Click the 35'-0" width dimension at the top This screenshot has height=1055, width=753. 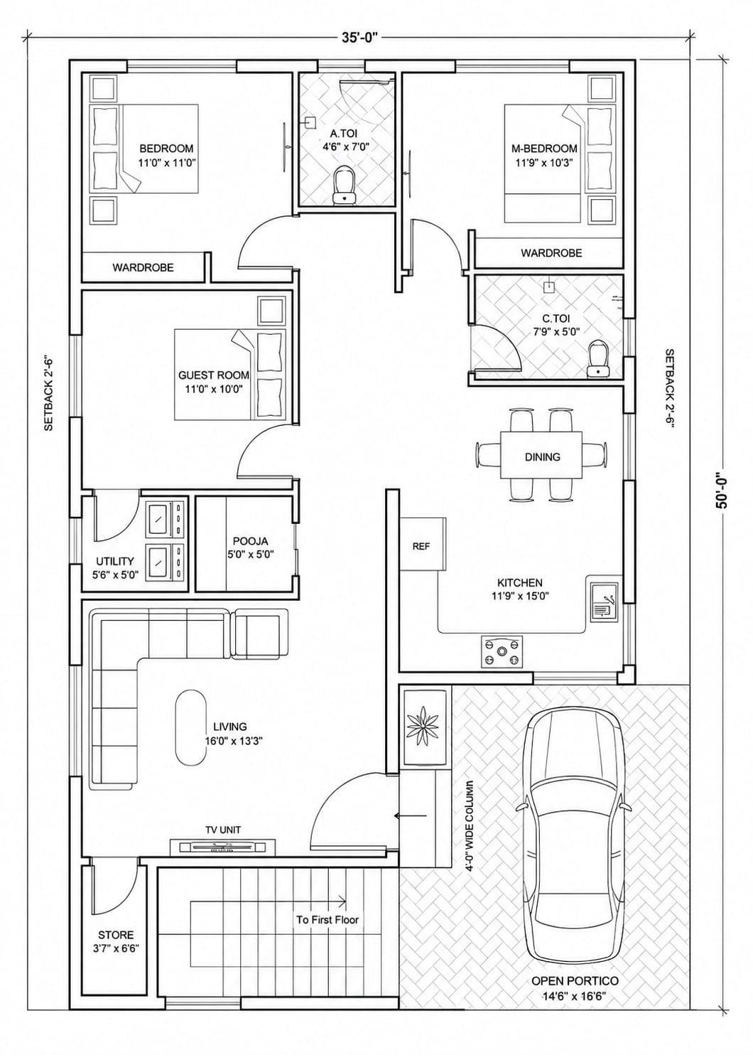click(x=360, y=38)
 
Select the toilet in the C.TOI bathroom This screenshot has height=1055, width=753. click(x=598, y=358)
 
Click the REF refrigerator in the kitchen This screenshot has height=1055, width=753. click(x=421, y=546)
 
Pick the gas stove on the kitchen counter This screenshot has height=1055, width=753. click(x=502, y=652)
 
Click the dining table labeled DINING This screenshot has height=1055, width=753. click(x=542, y=456)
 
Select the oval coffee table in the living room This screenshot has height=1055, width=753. click(x=190, y=728)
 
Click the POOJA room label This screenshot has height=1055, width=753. click(x=250, y=542)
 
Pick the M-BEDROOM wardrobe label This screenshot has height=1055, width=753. click(x=551, y=253)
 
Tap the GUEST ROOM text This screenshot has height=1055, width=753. click(x=213, y=375)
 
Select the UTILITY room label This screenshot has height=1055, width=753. click(x=115, y=562)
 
